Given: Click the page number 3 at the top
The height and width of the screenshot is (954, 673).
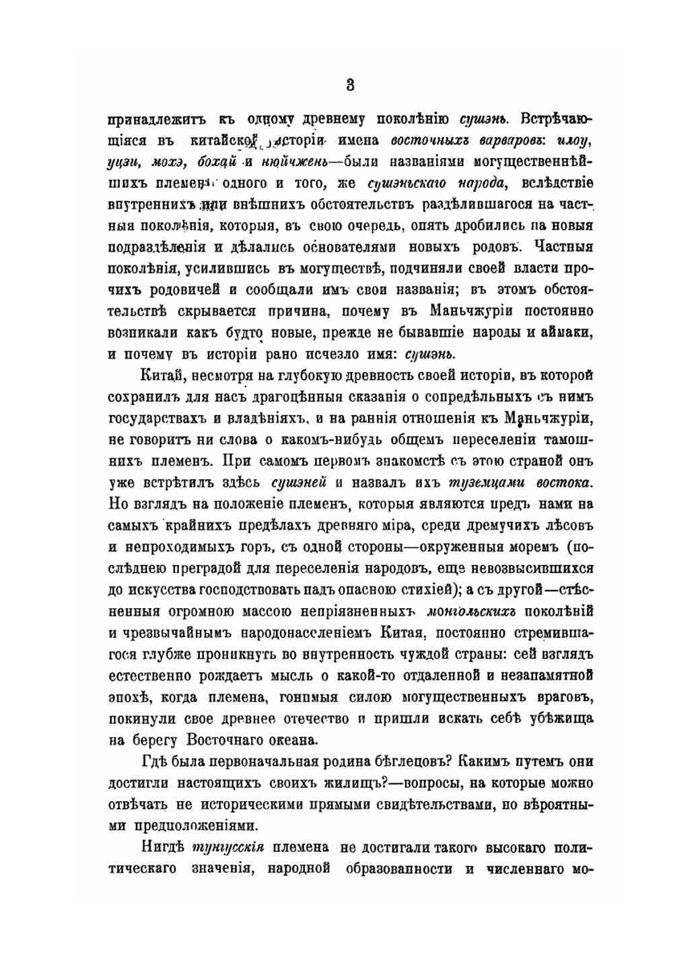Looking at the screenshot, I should click(x=350, y=85).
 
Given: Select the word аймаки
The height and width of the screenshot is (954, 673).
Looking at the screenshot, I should click(x=570, y=332).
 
